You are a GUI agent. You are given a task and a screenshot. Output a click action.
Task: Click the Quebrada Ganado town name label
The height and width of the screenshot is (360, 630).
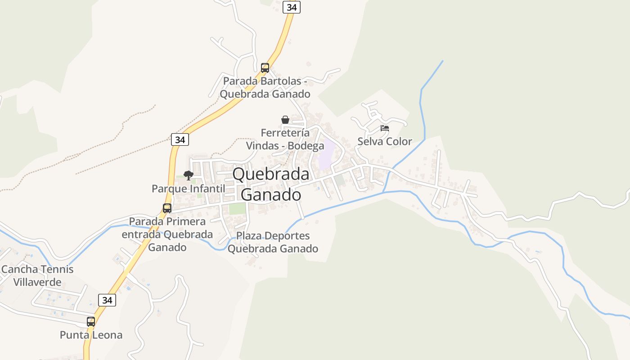[271, 184]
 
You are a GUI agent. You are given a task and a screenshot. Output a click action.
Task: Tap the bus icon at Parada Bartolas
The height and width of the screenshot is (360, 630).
[265, 68]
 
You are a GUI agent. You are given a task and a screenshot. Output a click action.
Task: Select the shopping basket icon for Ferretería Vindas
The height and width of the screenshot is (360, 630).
[285, 120]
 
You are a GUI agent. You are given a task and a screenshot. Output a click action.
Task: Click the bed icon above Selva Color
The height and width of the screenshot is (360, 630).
[384, 128]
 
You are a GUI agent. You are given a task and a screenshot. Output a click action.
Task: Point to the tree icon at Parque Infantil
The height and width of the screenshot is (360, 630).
[189, 175]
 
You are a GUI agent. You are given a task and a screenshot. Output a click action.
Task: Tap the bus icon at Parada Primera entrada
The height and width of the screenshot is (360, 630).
[167, 208]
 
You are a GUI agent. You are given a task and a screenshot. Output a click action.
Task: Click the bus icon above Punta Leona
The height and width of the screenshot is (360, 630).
[91, 322]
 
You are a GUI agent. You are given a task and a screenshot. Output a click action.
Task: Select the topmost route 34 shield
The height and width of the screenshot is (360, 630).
[292, 7]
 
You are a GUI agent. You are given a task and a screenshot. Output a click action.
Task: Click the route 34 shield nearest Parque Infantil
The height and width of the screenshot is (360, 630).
[180, 139]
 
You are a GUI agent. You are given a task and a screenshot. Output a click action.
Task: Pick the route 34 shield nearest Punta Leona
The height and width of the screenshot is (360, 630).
[107, 300]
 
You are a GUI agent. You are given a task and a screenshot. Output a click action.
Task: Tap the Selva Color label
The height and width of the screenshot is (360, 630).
[385, 141]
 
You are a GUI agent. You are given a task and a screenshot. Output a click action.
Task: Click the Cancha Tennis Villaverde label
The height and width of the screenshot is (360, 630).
[37, 276]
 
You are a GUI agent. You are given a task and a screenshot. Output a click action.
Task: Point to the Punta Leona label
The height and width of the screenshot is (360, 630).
[91, 335]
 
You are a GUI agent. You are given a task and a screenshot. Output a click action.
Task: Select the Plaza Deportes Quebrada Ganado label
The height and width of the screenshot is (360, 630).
[273, 242]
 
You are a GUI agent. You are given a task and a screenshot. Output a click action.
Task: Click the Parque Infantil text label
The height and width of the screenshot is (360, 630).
[188, 189]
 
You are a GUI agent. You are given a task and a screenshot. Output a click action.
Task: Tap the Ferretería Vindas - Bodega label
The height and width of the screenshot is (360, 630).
[285, 139]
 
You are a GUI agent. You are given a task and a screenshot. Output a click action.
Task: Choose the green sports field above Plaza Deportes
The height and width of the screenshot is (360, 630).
[238, 209]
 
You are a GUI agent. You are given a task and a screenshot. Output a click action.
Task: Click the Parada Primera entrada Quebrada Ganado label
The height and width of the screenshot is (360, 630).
[167, 234]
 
